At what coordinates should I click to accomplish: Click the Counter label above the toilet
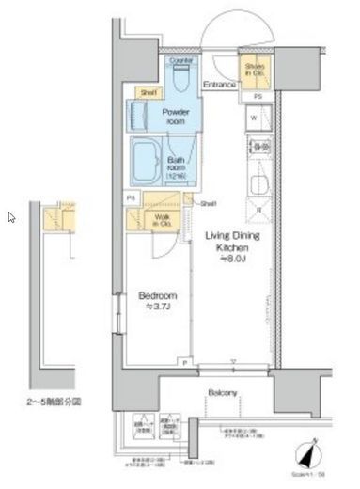coord(180,61)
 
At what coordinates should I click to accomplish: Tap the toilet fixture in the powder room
coord(180,80)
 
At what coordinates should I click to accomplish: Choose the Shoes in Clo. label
coord(256,71)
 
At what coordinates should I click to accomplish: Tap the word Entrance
coord(219,86)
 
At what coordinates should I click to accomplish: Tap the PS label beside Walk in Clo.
coord(132,199)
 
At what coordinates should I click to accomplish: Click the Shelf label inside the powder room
coord(148,91)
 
